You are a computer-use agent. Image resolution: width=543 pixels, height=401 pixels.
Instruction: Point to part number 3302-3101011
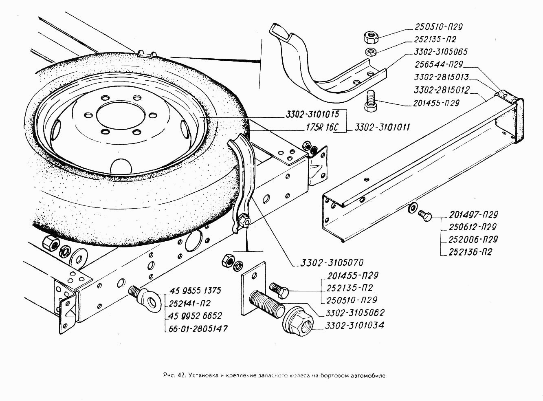point(382,127)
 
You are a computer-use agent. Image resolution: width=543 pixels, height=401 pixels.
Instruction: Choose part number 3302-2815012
point(442,90)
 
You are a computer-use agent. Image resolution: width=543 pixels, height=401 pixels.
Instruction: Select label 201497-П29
point(473,215)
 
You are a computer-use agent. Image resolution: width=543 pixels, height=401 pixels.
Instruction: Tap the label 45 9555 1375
point(194,291)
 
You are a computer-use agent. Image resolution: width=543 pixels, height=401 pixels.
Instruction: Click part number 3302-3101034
point(354,326)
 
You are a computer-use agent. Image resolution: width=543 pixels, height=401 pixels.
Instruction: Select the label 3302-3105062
point(354,313)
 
